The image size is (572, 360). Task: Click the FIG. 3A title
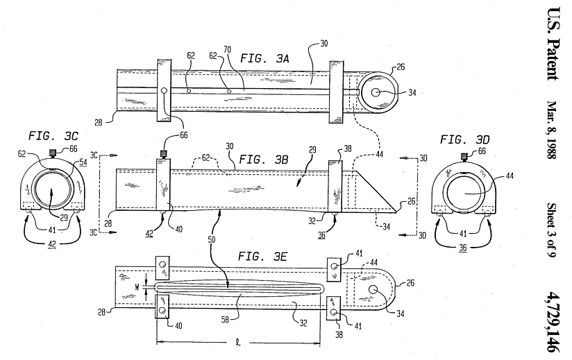pyautogui.click(x=264, y=59)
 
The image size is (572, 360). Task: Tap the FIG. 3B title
pyautogui.click(x=263, y=160)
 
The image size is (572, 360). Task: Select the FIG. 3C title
pyautogui.click(x=53, y=136)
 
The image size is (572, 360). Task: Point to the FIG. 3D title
pyautogui.click(x=464, y=139)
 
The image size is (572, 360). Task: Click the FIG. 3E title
pyautogui.click(x=262, y=257)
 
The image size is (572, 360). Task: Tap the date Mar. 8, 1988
pyautogui.click(x=553, y=130)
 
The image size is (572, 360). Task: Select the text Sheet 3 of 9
pyautogui.click(x=552, y=230)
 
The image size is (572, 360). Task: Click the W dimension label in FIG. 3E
pyautogui.click(x=137, y=287)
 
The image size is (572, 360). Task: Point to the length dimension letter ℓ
pyautogui.click(x=238, y=343)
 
